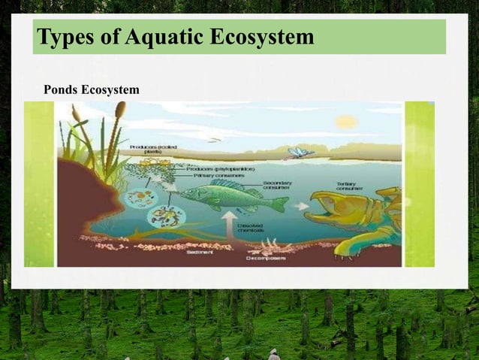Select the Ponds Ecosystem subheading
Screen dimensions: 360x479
[x=91, y=90]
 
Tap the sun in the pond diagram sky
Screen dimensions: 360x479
[x=346, y=121]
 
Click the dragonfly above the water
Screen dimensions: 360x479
[x=300, y=153]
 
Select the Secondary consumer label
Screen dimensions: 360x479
[x=278, y=185]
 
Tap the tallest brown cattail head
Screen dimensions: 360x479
[x=120, y=110]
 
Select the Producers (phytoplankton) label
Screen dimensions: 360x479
[x=212, y=169]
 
